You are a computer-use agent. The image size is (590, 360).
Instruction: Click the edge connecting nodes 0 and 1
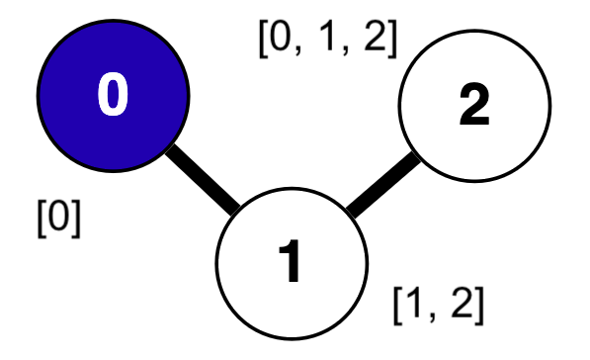click(x=203, y=178)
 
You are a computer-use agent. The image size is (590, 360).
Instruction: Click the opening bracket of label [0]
click(x=40, y=216)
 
